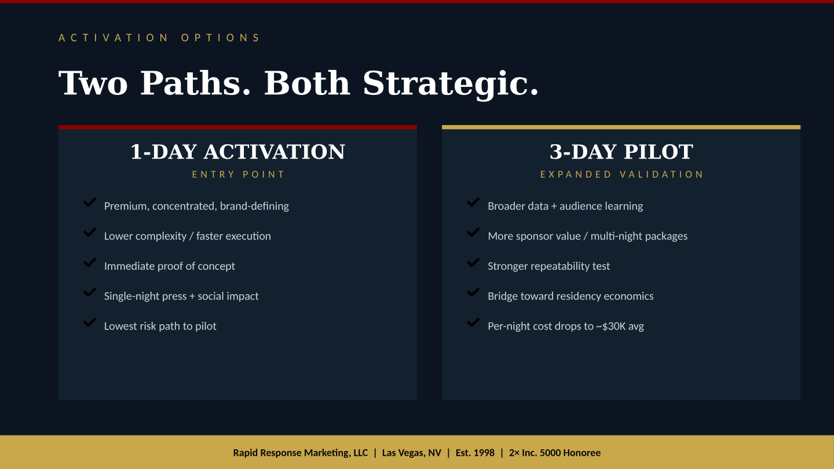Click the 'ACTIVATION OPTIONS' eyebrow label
[159, 38]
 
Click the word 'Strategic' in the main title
[451, 83]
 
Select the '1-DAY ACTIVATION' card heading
[237, 152]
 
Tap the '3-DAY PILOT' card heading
[621, 152]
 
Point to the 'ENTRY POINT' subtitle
[238, 174]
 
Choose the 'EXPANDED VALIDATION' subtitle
[621, 174]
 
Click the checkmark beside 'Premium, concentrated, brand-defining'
[90, 203]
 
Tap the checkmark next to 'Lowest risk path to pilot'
[90, 323]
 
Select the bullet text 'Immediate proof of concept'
[169, 266]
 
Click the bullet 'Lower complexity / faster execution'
[187, 236]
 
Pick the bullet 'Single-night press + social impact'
[181, 296]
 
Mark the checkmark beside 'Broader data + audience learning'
[473, 203]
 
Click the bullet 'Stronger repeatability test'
[548, 266]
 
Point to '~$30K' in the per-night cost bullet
[610, 327]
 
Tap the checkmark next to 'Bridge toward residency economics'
[473, 293]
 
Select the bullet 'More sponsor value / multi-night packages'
[587, 236]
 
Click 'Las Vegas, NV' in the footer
[411, 453]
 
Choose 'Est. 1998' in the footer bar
[475, 453]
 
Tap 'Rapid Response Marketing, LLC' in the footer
[300, 453]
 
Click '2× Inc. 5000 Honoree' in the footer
[554, 453]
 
